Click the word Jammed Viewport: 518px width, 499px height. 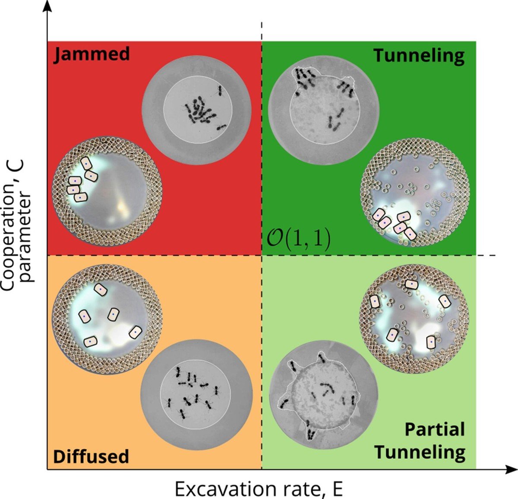pos(91,54)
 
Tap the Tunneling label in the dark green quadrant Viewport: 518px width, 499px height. pos(419,56)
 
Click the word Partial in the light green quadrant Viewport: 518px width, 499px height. pos(435,430)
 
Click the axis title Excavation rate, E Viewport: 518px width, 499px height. pos(259,489)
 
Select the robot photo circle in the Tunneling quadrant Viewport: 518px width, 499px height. pos(415,192)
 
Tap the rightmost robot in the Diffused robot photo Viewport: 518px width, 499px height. pos(136,332)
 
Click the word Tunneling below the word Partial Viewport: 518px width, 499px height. pos(420,452)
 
